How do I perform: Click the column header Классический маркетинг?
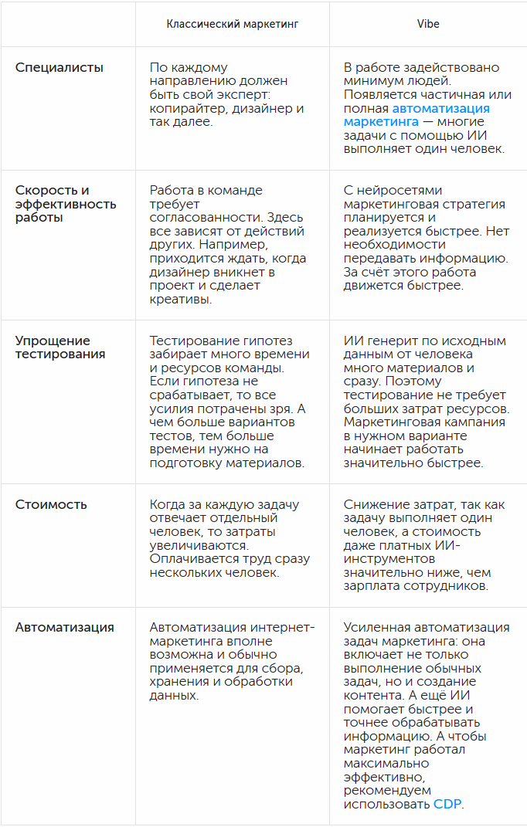[233, 24]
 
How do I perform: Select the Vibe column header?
[428, 24]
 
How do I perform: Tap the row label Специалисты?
[59, 67]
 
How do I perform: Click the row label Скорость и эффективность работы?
[66, 204]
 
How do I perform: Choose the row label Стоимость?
[51, 504]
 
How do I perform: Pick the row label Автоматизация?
[65, 627]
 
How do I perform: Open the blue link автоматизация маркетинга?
[416, 115]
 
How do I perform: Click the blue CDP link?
[447, 804]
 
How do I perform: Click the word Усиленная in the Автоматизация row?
[378, 627]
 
